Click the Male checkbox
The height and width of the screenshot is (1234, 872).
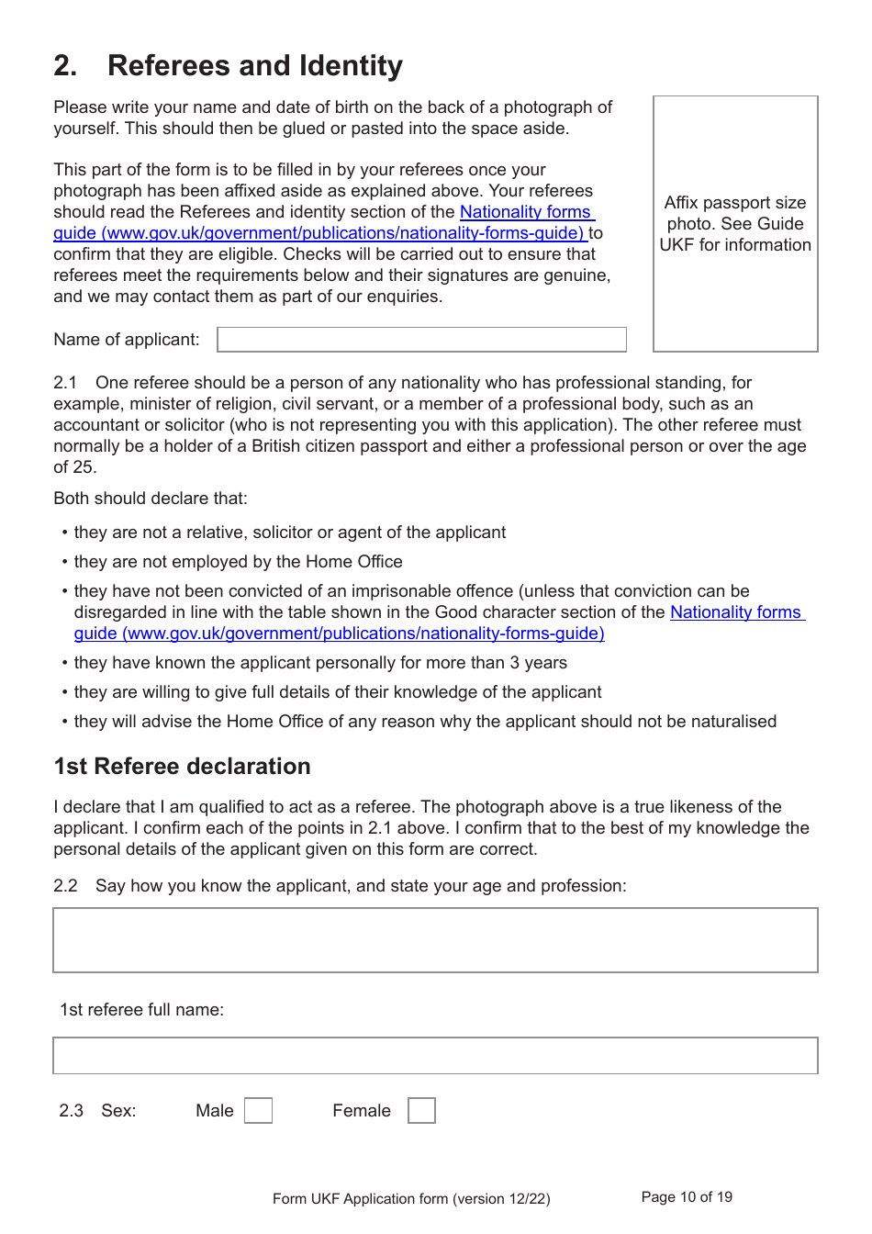pos(258,1110)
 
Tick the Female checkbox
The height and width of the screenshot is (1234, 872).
pos(421,1110)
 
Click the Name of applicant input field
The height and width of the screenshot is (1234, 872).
pos(421,340)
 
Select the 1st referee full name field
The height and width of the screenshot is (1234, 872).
pos(435,1055)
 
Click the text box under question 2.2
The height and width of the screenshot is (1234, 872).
pos(435,940)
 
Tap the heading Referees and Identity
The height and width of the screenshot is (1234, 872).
pos(254,66)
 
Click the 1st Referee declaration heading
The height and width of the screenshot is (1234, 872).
pos(182,767)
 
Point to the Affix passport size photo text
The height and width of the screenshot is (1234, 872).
pos(735,223)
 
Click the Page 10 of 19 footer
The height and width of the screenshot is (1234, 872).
pos(687,1196)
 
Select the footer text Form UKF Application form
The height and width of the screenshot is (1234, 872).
pos(411,1198)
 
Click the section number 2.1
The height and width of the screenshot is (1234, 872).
pos(65,383)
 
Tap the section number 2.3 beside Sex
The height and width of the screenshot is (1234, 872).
pos(71,1111)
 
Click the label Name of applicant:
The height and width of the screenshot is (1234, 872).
pos(127,340)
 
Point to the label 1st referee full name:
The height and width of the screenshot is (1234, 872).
pos(141,1010)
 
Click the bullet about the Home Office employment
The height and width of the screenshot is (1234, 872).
pos(238,562)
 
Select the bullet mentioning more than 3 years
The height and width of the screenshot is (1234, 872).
pos(320,663)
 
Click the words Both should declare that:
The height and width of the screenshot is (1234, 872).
pos(151,499)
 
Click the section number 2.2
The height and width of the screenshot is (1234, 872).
pos(65,886)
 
